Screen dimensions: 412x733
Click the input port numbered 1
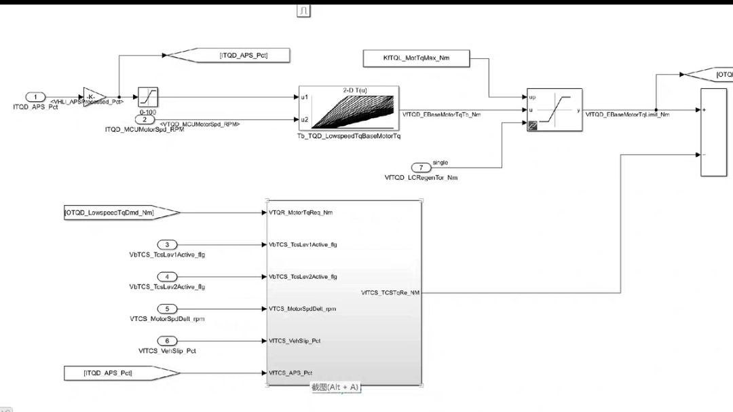(x=35, y=96)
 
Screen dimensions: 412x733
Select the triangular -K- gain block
(x=94, y=96)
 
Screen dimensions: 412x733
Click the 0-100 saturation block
(x=148, y=96)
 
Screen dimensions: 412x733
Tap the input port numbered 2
(x=149, y=119)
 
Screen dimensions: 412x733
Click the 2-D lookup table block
(x=348, y=108)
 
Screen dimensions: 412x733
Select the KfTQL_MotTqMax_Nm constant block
(x=416, y=58)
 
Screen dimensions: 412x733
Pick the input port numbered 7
(x=421, y=167)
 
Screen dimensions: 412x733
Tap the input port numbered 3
(x=167, y=244)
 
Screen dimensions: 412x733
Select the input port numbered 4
(x=167, y=277)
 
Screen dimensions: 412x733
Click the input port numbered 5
(x=167, y=309)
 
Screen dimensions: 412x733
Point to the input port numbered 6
(x=167, y=341)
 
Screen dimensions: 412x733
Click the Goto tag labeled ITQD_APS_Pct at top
(x=233, y=56)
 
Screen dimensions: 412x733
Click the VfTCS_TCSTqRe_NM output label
(x=390, y=293)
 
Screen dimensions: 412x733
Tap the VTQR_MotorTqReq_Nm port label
(x=301, y=212)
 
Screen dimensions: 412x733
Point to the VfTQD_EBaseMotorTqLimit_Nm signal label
(x=627, y=115)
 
